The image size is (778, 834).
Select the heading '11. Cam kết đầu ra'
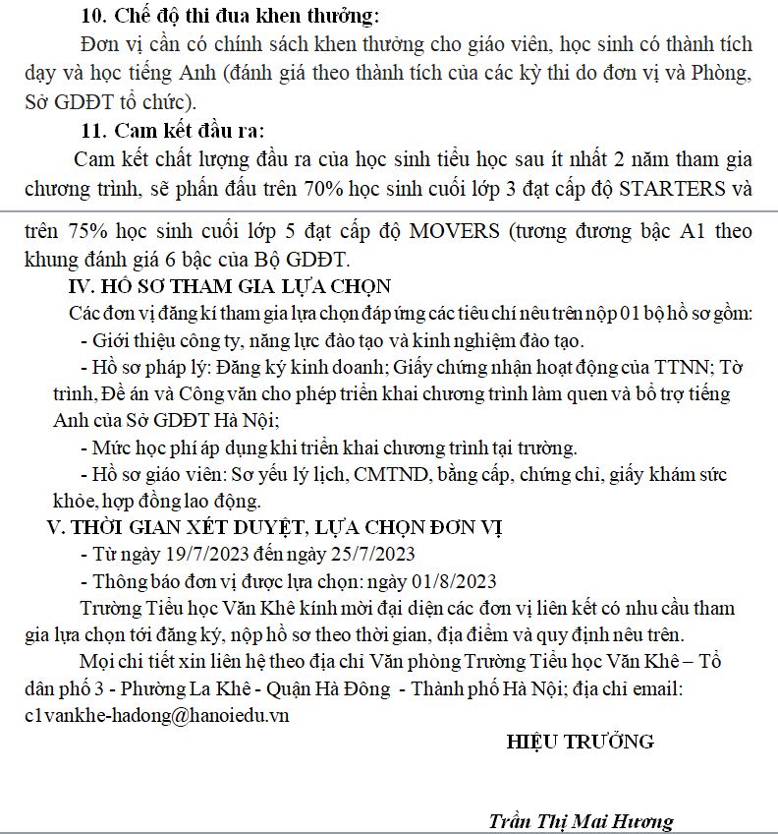(x=173, y=131)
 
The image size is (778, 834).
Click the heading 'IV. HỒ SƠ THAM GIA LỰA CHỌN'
(x=226, y=287)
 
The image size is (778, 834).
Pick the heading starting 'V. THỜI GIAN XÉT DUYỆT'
(x=276, y=527)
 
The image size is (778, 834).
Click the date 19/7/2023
(x=201, y=553)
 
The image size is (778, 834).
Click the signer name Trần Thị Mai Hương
(x=581, y=821)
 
